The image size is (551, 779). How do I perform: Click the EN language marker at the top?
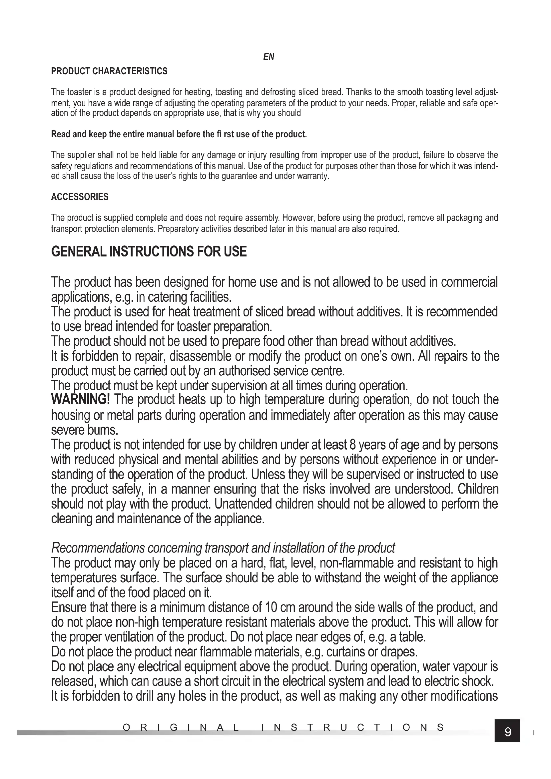pos(269,57)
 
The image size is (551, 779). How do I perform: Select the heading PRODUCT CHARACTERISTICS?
pos(109,71)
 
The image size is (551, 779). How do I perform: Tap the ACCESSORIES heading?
pos(80,197)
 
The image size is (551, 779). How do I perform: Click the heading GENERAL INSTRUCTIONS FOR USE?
pos(149,252)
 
